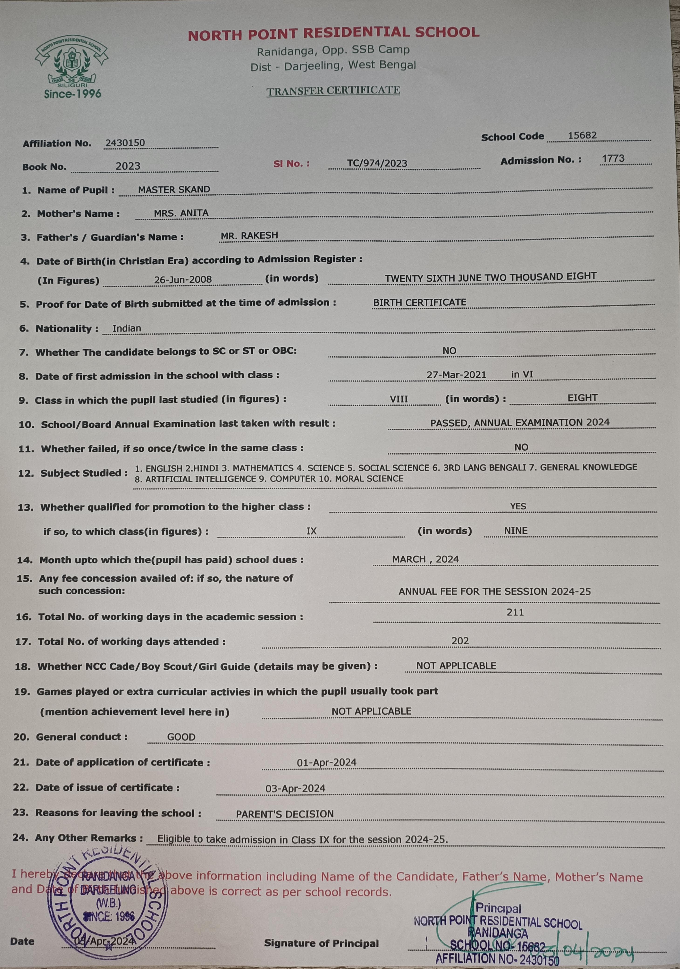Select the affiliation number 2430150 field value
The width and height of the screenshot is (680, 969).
125,143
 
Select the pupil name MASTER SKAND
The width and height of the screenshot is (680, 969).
174,190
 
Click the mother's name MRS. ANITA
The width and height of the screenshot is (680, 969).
181,213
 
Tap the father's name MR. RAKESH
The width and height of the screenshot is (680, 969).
249,235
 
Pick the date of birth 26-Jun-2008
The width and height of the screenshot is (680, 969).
183,279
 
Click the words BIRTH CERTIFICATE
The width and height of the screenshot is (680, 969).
420,303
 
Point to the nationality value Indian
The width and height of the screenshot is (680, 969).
127,328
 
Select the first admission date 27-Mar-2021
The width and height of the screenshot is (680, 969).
456,374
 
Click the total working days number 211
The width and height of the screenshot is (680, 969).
515,612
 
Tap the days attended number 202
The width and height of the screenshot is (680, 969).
460,641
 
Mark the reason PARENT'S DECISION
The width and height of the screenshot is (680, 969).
284,814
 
